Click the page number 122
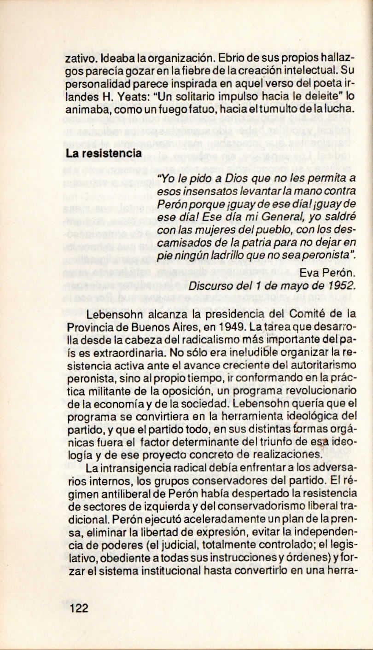[79, 609]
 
